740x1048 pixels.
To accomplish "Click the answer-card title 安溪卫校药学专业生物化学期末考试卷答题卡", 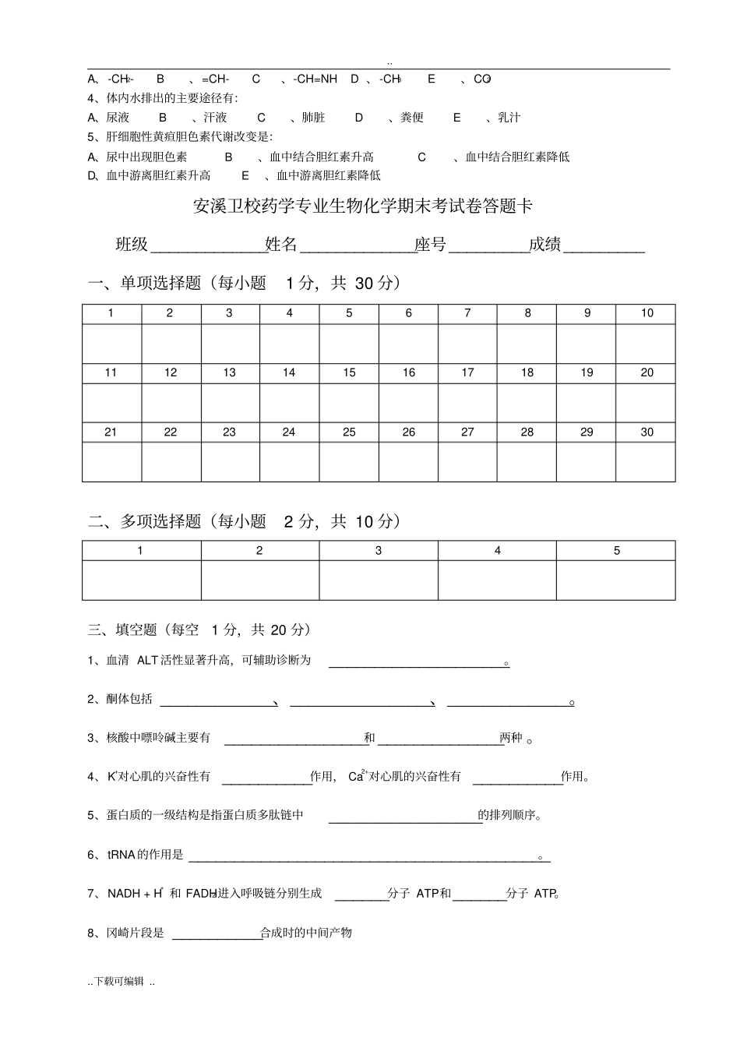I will tap(363, 206).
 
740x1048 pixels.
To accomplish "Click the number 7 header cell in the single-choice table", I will tap(467, 313).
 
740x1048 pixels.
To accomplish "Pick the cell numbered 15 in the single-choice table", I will tap(349, 372).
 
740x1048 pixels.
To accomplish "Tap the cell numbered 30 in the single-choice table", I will tap(647, 432).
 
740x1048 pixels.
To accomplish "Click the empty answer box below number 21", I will tap(111, 461).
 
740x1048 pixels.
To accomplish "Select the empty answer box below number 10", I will tap(646, 343).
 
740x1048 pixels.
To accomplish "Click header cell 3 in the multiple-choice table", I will tap(379, 550).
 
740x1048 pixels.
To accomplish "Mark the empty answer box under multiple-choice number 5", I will tap(616, 580).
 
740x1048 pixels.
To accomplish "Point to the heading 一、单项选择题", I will tap(144, 283).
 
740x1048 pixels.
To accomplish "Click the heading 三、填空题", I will tap(122, 630).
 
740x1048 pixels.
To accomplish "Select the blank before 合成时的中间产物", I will tap(216, 935).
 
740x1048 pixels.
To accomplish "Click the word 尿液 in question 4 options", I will tap(118, 117).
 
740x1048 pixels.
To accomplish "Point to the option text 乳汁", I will tap(509, 117).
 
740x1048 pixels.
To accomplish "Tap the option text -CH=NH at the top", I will tap(315, 79).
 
